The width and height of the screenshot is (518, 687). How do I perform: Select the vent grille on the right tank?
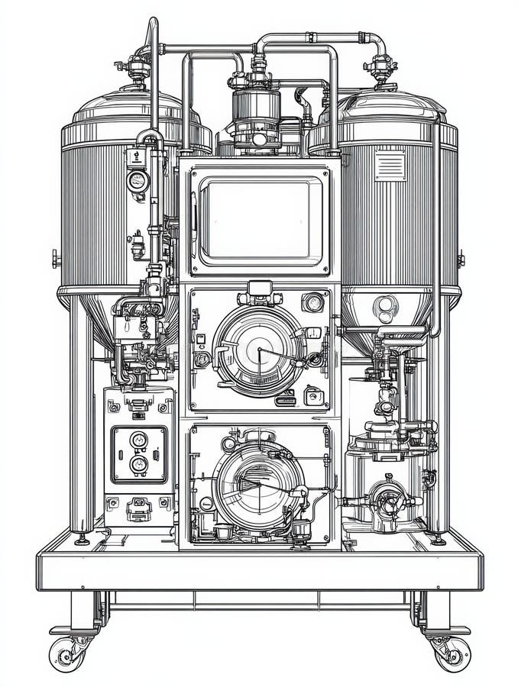point(389,165)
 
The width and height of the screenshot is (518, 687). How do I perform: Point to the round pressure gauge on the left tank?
point(137,181)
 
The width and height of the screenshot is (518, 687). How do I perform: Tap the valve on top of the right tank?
point(380,69)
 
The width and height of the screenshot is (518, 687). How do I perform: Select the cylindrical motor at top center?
point(256,114)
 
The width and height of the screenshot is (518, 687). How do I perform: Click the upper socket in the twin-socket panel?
point(138,440)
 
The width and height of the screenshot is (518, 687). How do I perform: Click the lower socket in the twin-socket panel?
point(138,463)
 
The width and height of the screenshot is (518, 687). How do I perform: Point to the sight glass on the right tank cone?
point(385,307)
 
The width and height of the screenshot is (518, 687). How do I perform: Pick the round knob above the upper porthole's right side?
point(312,302)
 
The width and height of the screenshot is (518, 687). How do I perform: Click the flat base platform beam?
point(259,571)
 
